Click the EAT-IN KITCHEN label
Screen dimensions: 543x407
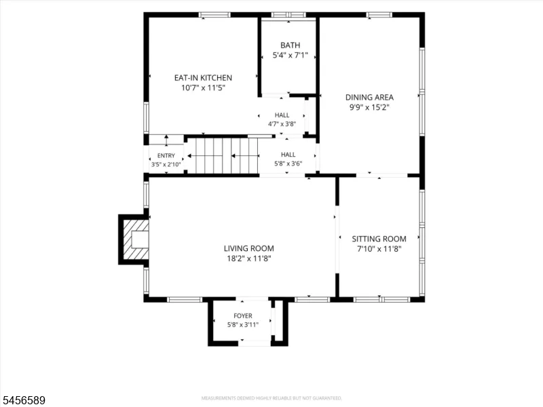[x=203, y=78]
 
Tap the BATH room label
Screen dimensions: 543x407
[x=291, y=45]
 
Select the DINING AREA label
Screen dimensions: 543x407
[x=369, y=97]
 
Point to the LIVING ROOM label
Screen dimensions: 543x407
[x=248, y=248]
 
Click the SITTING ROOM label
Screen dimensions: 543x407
[x=379, y=239]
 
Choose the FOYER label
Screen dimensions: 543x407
[x=243, y=315]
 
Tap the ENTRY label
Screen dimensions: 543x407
[x=166, y=156]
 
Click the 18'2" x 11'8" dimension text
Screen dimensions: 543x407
[x=248, y=258]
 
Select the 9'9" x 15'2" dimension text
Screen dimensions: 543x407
[x=369, y=107]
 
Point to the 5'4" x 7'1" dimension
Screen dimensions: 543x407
[x=291, y=56]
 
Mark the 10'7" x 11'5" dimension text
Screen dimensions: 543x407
[x=203, y=88]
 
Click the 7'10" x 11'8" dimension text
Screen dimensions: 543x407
[x=379, y=249]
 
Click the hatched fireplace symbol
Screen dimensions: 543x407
[x=136, y=239]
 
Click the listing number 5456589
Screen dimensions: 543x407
[x=23, y=400]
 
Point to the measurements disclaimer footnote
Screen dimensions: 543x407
[x=271, y=398]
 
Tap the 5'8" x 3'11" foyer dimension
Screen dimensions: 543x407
[x=243, y=325]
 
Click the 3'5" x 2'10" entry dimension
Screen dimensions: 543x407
[x=166, y=164]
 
